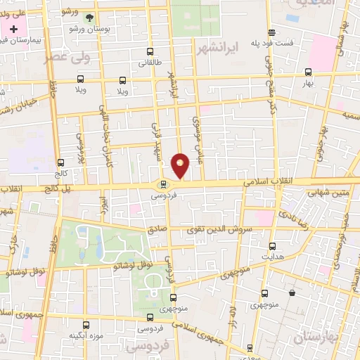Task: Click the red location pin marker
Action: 181,165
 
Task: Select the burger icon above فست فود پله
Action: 271,32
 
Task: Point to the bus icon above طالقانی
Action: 150,51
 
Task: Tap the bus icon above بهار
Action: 309,72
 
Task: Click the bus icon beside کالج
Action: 60,162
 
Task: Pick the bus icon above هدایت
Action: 273,246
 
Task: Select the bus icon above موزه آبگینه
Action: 86,325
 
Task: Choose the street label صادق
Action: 156,229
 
